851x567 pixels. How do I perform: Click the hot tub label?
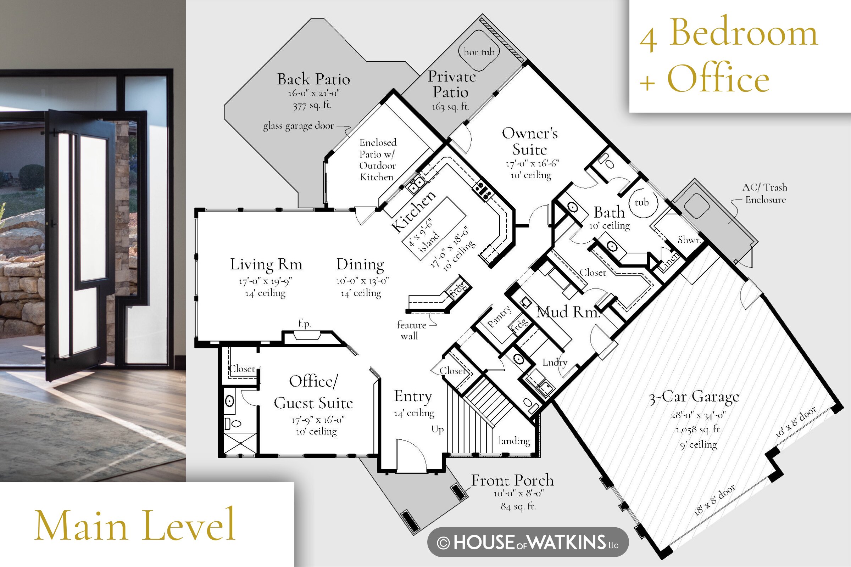pyautogui.click(x=479, y=52)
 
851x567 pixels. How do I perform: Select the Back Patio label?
pyautogui.click(x=313, y=79)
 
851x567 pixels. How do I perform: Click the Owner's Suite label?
pyautogui.click(x=530, y=141)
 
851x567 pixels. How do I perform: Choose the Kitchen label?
pyautogui.click(x=413, y=211)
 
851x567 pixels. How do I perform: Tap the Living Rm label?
pyautogui.click(x=266, y=265)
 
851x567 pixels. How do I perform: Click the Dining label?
pyautogui.click(x=360, y=265)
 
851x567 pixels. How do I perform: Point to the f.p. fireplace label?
pyautogui.click(x=304, y=323)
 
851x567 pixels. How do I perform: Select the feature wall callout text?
pyautogui.click(x=411, y=330)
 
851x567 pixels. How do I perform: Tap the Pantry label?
pyautogui.click(x=499, y=316)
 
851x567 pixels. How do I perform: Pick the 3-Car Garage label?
pyautogui.click(x=694, y=397)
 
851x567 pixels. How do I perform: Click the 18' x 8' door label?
pyautogui.click(x=714, y=500)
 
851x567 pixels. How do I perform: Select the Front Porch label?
pyautogui.click(x=512, y=480)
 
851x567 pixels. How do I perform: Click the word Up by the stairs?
pyautogui.click(x=438, y=430)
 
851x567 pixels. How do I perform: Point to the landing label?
pyautogui.click(x=514, y=441)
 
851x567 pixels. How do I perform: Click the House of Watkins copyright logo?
pyautogui.click(x=528, y=542)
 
